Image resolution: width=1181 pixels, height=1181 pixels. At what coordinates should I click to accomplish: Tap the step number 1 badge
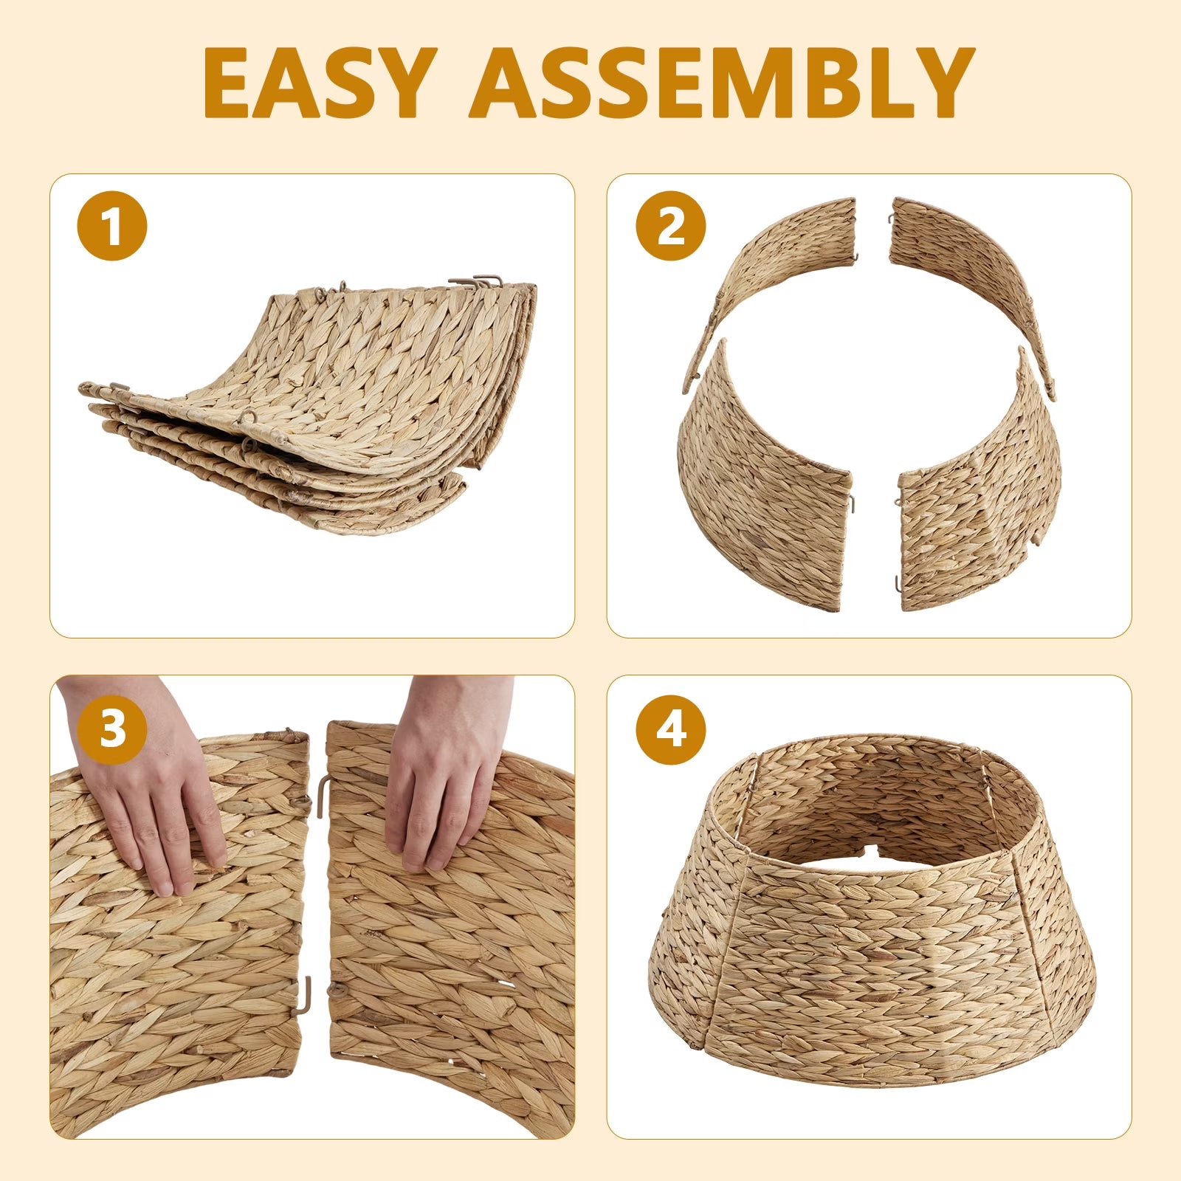(x=112, y=226)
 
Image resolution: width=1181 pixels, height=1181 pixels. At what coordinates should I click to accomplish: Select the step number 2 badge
(x=671, y=226)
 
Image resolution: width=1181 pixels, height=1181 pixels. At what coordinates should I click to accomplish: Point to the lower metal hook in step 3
(x=306, y=995)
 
